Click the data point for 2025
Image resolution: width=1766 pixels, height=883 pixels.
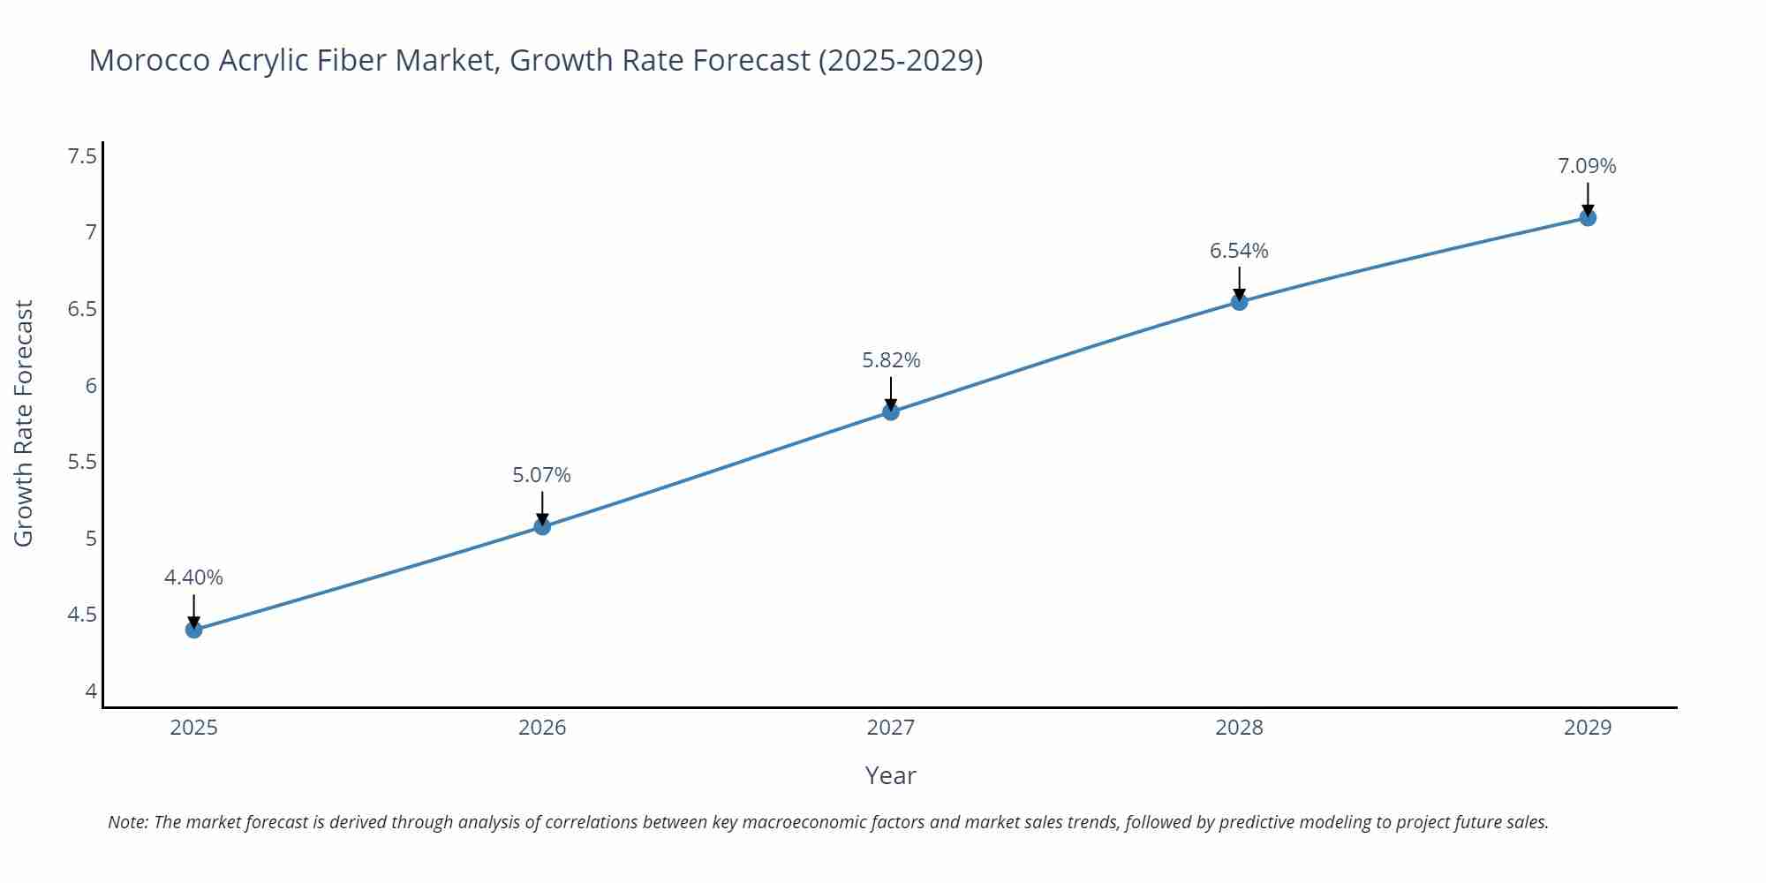pyautogui.click(x=194, y=630)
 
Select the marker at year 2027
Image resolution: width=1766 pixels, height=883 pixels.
pyautogui.click(x=891, y=411)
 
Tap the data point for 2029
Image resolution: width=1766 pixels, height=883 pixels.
pyautogui.click(x=1588, y=217)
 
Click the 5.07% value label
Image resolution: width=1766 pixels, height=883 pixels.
pyautogui.click(x=542, y=475)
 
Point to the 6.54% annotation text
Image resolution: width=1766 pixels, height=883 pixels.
pyautogui.click(x=1239, y=251)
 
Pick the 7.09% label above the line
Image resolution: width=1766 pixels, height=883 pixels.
pyautogui.click(x=1587, y=166)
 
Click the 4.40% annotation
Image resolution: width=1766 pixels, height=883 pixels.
pyautogui.click(x=193, y=577)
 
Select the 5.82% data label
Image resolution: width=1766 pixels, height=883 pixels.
pyautogui.click(x=891, y=360)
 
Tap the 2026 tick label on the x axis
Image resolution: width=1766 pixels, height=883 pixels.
pyautogui.click(x=542, y=728)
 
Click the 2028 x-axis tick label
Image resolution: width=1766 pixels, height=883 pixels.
pyautogui.click(x=1239, y=728)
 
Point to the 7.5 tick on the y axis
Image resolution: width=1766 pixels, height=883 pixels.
pyautogui.click(x=82, y=156)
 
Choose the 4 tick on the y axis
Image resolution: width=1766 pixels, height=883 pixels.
pyautogui.click(x=91, y=691)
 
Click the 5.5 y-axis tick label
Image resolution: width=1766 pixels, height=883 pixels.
pyautogui.click(x=82, y=462)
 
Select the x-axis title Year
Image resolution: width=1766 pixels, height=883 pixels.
pyautogui.click(x=890, y=775)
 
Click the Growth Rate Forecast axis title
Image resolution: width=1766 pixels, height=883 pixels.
pyautogui.click(x=24, y=423)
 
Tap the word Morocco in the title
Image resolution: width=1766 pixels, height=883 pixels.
pyautogui.click(x=149, y=60)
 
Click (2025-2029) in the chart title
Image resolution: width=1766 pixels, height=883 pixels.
pyautogui.click(x=900, y=60)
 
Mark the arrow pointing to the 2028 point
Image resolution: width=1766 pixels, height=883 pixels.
pyautogui.click(x=1239, y=284)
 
